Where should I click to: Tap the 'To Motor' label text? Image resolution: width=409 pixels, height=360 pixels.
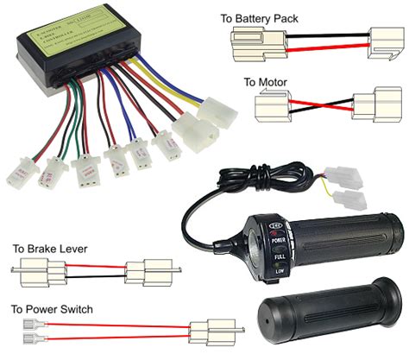tap(264, 83)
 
